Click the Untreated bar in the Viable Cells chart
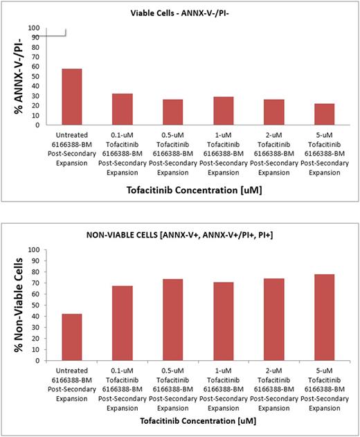pyautogui.click(x=72, y=97)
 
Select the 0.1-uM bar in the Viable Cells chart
pyautogui.click(x=122, y=109)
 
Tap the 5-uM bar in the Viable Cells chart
pyautogui.click(x=324, y=114)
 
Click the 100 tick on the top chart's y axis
pyautogui.click(x=33, y=28)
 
